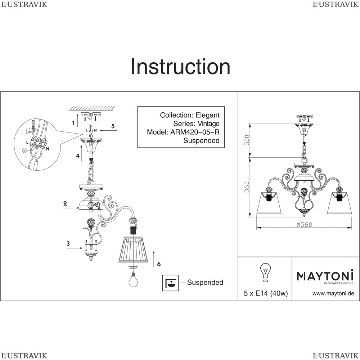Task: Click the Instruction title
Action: tap(180, 67)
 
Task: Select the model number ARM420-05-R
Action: tap(194, 132)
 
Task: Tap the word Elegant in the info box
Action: tap(207, 115)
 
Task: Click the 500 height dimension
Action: tap(247, 140)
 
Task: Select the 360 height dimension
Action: tap(247, 186)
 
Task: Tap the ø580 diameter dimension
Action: tap(304, 224)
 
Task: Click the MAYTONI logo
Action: tap(325, 276)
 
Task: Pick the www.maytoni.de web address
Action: tap(333, 293)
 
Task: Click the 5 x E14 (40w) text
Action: tap(266, 293)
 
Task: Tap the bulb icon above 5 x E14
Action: tap(266, 273)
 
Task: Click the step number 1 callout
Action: tap(73, 123)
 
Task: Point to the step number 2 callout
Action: tap(65, 203)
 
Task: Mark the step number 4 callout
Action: tap(77, 156)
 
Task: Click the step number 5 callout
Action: tap(113, 126)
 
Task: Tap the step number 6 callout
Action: tap(159, 264)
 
